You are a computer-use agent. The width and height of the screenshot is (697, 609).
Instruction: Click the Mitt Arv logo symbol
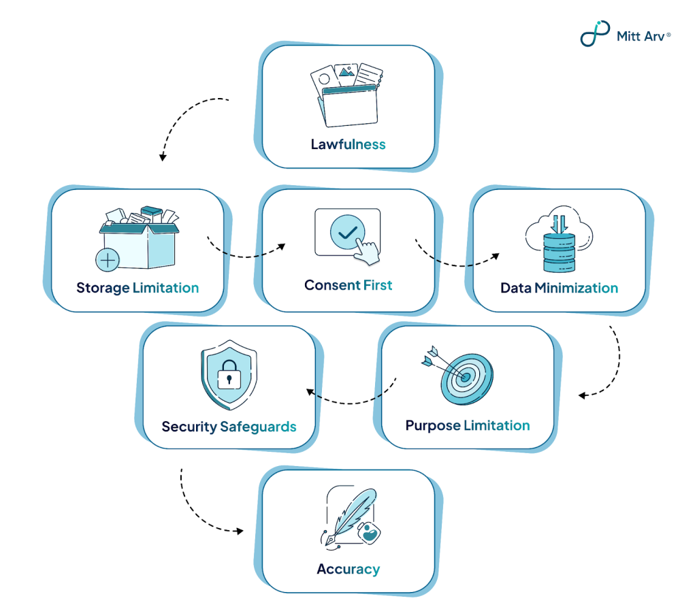pyautogui.click(x=594, y=33)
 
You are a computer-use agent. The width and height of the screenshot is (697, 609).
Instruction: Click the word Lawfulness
pyautogui.click(x=348, y=144)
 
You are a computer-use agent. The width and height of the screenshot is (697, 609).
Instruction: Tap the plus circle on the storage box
pyautogui.click(x=108, y=260)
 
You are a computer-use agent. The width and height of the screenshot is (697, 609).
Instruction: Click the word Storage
pyautogui.click(x=103, y=288)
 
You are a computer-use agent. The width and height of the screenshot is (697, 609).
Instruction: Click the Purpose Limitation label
pyautogui.click(x=468, y=426)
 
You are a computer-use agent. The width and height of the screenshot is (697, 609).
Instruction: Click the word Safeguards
pyautogui.click(x=259, y=427)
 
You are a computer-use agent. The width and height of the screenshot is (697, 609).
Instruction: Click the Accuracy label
pyautogui.click(x=348, y=570)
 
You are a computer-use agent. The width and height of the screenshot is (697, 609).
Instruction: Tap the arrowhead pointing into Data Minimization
pyautogui.click(x=496, y=257)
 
